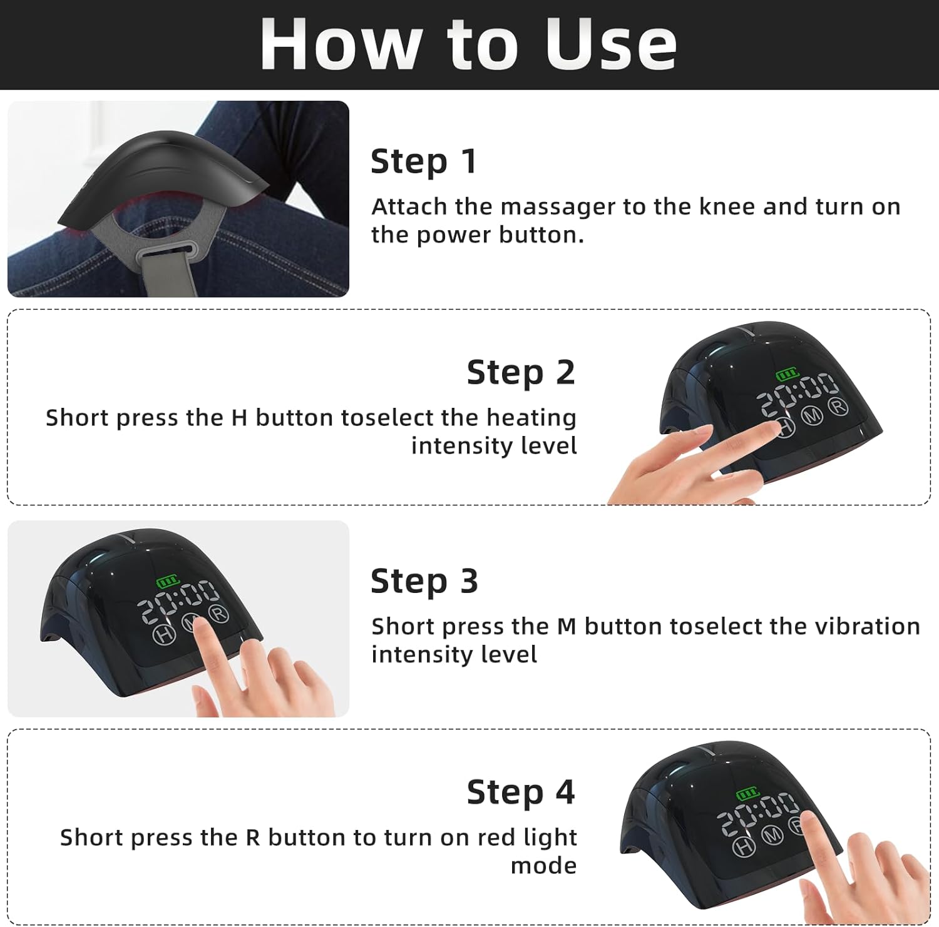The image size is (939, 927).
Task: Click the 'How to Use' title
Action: (x=468, y=44)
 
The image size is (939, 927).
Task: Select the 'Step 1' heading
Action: (x=424, y=161)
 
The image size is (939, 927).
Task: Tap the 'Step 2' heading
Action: (x=520, y=373)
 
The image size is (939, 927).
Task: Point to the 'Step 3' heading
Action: (x=424, y=581)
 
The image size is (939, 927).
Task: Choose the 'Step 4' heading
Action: (x=520, y=793)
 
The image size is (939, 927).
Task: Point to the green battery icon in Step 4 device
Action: (x=747, y=794)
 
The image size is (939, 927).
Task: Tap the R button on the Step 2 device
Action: (x=838, y=407)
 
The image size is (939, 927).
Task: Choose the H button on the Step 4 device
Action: (x=743, y=847)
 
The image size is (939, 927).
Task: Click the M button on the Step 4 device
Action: (x=772, y=835)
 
